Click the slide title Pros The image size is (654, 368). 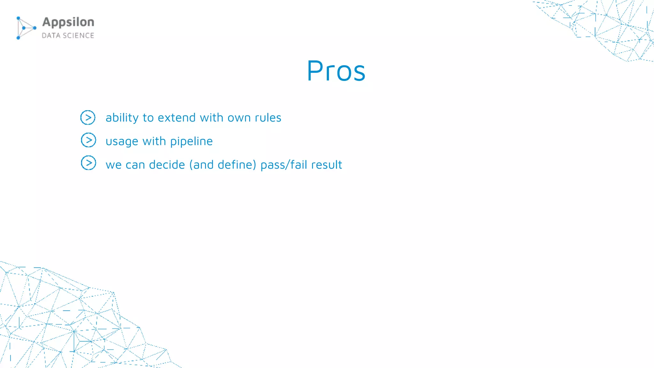coord(336,71)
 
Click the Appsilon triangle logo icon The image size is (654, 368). coord(26,28)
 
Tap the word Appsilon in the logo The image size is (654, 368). coord(68,22)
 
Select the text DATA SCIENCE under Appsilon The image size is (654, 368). coord(68,35)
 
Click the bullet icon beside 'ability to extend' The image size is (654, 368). coord(88,118)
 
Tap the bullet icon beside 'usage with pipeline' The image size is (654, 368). coord(88,140)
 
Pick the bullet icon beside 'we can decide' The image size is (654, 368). coord(88,163)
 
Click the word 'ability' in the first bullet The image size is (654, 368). coord(122,118)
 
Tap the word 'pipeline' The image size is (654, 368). coord(191,142)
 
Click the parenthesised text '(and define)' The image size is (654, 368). coord(223,165)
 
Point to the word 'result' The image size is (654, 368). coord(326,165)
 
